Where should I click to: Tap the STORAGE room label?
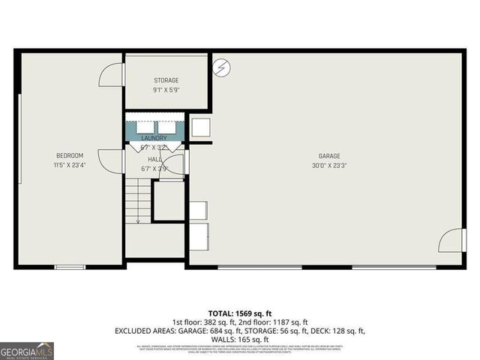coord(166,80)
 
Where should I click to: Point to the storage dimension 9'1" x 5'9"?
coord(166,89)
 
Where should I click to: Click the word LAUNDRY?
coord(154,139)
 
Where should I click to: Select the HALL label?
coord(154,159)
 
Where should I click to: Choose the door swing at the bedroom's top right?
coord(111,73)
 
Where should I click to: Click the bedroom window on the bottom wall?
coord(70,266)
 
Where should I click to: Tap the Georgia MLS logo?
coord(27,349)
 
